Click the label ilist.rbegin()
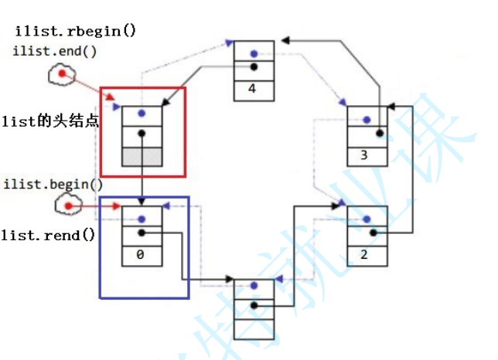(x=75, y=32)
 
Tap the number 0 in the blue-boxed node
(x=141, y=253)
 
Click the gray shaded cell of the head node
(x=142, y=157)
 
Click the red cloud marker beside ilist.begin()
(x=70, y=206)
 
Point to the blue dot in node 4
(x=253, y=54)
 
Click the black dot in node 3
(x=379, y=134)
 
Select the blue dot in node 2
(x=366, y=218)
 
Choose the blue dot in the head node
(x=142, y=114)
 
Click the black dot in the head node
(x=142, y=134)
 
